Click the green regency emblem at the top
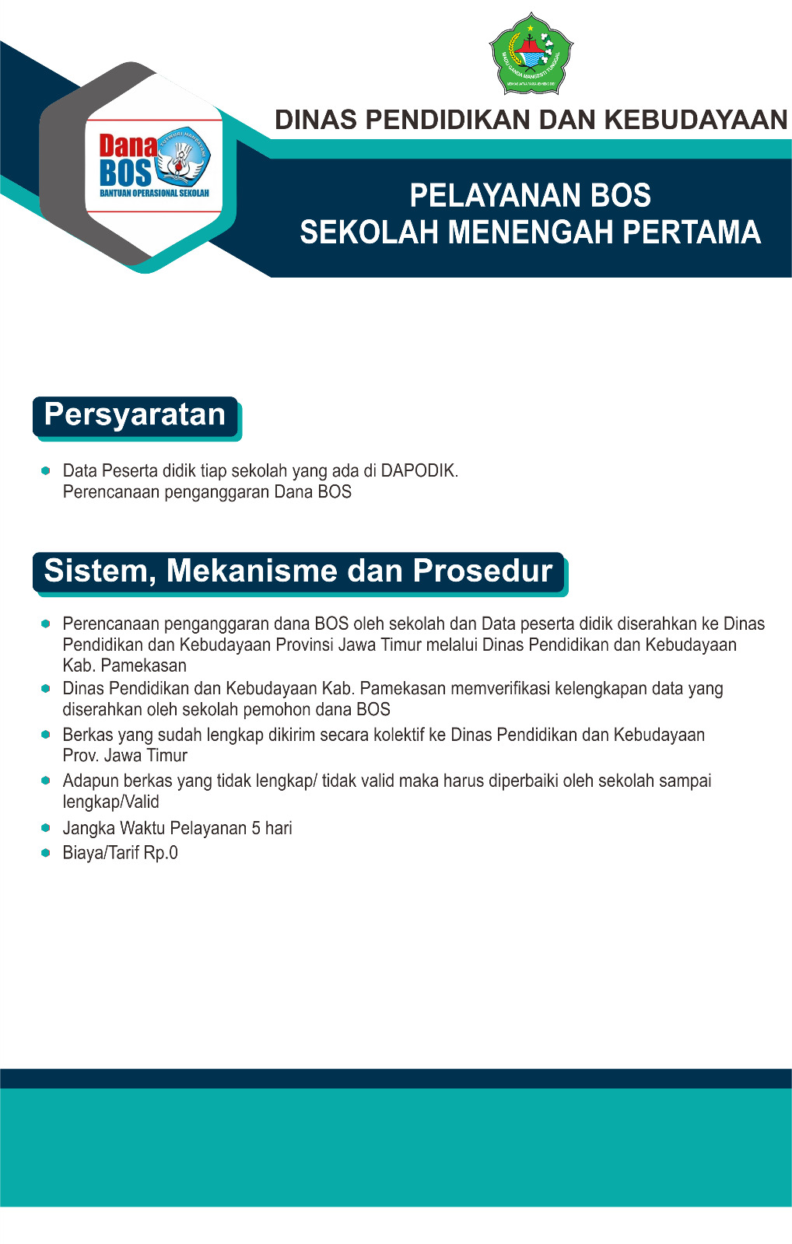531,54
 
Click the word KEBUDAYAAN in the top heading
696,120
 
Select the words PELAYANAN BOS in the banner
530,196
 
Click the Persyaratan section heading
135,415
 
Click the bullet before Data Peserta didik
46,470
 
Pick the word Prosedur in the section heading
482,571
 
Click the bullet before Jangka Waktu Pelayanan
46,828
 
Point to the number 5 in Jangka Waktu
256,828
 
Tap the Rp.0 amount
161,853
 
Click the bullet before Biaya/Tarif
46,853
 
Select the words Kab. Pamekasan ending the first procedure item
124,666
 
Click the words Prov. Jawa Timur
124,756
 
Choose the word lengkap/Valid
110,802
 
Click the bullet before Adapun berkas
46,781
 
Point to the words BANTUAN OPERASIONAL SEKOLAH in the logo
154,193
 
